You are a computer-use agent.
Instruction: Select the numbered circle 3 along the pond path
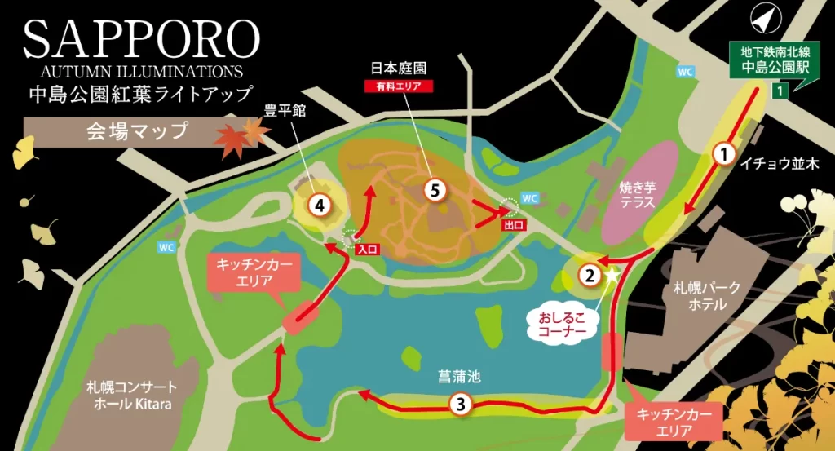tap(461, 403)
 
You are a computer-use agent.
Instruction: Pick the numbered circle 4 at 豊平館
tap(320, 206)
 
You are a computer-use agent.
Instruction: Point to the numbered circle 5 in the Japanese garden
tap(436, 190)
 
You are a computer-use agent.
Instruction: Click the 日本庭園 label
tap(399, 69)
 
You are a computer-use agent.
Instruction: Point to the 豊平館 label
tap(285, 111)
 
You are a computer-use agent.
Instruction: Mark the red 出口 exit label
tap(512, 223)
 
